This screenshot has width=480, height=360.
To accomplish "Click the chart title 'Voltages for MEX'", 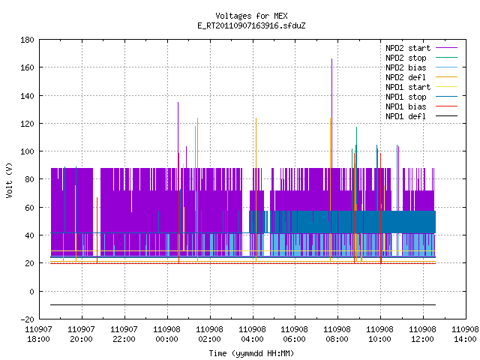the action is click(251, 16).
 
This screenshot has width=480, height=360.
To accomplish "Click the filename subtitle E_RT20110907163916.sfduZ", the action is click(251, 25).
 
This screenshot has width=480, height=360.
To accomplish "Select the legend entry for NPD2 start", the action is click(421, 48).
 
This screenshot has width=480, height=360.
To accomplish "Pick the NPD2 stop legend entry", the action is click(421, 58).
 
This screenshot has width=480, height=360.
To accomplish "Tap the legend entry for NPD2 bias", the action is click(421, 67).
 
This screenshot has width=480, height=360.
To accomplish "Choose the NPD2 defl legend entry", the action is click(421, 77).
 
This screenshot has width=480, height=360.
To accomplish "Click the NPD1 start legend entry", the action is click(421, 87).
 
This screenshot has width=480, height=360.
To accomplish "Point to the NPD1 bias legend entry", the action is click(421, 106).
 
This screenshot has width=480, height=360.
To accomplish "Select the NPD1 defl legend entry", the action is click(421, 116).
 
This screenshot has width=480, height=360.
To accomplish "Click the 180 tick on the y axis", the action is click(27, 40).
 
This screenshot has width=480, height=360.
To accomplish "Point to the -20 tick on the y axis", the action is click(27, 319).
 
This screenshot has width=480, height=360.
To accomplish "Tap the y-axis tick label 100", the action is click(27, 151).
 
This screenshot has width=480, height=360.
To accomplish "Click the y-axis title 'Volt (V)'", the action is click(10, 180).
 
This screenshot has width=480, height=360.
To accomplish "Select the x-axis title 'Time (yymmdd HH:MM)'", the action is click(251, 353).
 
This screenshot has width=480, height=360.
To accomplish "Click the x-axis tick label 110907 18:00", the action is click(38, 334).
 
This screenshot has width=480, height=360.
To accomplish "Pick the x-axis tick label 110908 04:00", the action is click(252, 334).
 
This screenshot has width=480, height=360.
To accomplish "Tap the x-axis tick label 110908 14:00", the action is click(465, 334).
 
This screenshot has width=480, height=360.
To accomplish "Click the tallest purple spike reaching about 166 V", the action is click(331, 113).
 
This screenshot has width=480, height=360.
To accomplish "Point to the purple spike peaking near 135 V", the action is click(178, 135).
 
